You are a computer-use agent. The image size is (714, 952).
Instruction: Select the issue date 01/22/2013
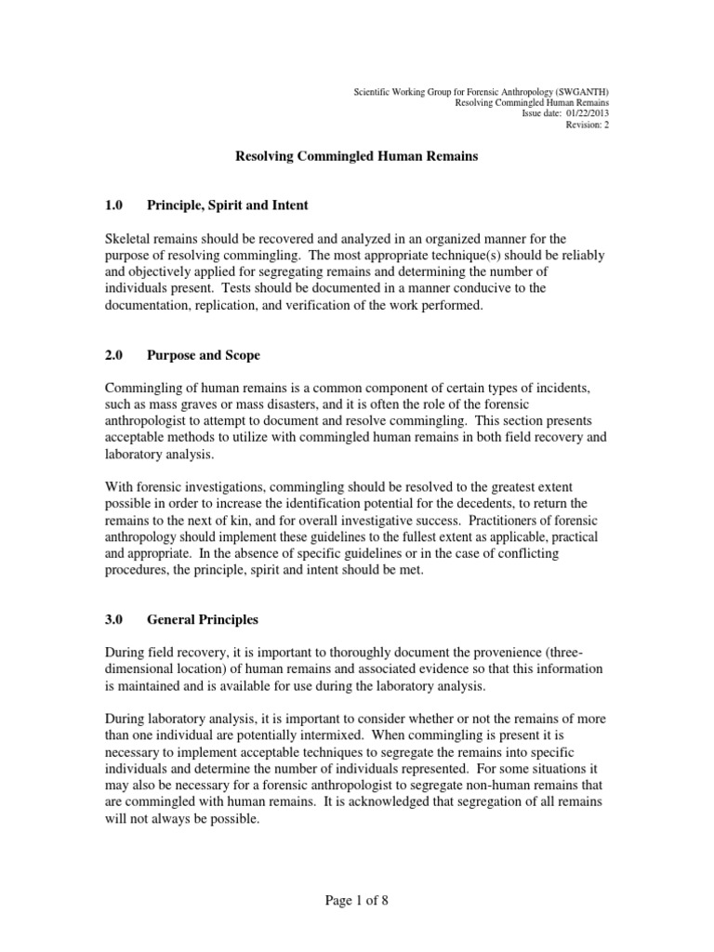(585, 114)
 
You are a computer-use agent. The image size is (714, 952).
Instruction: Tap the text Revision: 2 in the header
(588, 126)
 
